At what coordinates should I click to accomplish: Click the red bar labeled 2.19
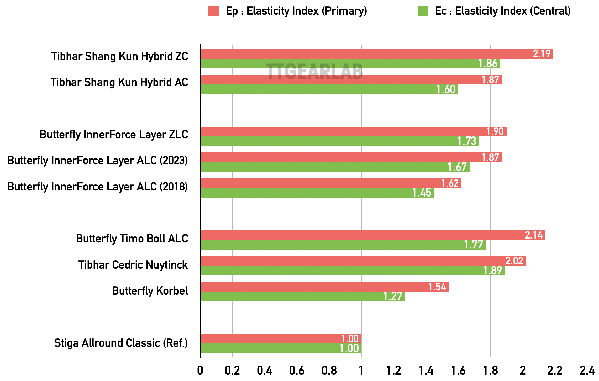[377, 54]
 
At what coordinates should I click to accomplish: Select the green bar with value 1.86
[350, 63]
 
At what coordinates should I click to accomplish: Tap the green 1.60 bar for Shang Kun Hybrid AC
[329, 89]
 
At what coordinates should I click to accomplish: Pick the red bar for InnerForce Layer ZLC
[353, 131]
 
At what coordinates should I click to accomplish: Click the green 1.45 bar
[317, 193]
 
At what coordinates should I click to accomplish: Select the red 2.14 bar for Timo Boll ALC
[373, 235]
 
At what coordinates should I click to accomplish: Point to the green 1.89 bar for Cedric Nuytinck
[353, 271]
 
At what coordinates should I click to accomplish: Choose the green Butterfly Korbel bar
[302, 297]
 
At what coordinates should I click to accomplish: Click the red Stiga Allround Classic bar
[281, 338]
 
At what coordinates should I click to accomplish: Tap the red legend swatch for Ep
[214, 11]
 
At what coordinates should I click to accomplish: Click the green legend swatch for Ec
[423, 11]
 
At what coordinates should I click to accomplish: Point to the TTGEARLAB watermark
[314, 71]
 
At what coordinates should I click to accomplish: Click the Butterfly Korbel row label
[150, 291]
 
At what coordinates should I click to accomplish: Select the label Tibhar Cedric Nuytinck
[133, 265]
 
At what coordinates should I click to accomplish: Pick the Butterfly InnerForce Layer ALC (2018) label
[97, 187]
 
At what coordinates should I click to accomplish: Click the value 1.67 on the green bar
[457, 167]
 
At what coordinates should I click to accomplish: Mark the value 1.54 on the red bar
[437, 287]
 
